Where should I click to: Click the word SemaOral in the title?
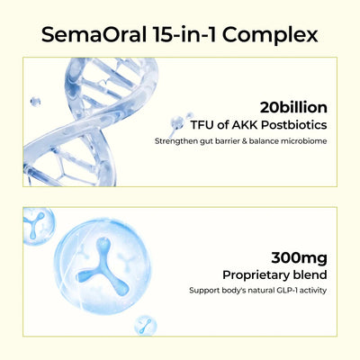coord(94,34)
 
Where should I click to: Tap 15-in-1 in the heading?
coord(184,34)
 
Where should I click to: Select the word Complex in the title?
coord(270,36)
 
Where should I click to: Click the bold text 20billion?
coord(293,107)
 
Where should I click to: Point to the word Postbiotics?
coord(294,125)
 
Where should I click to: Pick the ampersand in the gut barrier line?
coord(244,141)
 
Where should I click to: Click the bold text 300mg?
coord(299,258)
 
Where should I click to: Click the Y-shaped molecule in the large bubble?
coord(103,266)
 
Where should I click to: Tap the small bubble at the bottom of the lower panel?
coord(146,325)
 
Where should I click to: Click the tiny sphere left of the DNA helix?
coord(35,102)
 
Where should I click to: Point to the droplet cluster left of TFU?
coord(180,123)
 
